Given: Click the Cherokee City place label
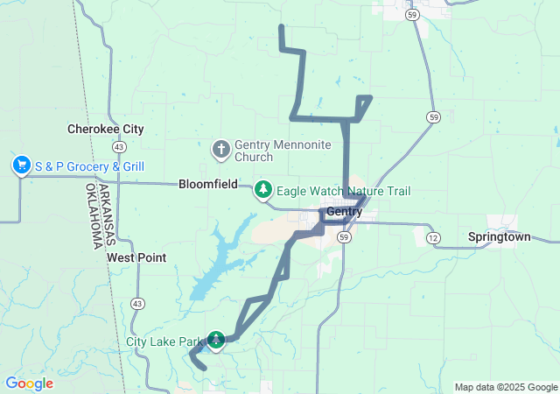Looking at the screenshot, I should (x=106, y=129).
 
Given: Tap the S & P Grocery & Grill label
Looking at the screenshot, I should (x=89, y=166).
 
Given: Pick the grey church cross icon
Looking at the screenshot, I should (x=220, y=150).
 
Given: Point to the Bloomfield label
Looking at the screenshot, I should (x=208, y=185).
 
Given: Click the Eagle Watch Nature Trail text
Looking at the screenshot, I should (x=343, y=191).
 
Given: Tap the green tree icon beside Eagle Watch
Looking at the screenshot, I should (x=263, y=190).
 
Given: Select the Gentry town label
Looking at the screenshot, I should (x=344, y=212).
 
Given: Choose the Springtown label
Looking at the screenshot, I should (x=499, y=236).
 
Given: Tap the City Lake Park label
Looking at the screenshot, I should (x=164, y=341).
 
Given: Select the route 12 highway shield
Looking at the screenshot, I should (x=432, y=237).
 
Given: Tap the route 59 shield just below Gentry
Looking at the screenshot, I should (x=345, y=237).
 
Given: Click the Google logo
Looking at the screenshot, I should (x=29, y=383).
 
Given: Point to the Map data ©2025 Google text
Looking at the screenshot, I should (x=506, y=387).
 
